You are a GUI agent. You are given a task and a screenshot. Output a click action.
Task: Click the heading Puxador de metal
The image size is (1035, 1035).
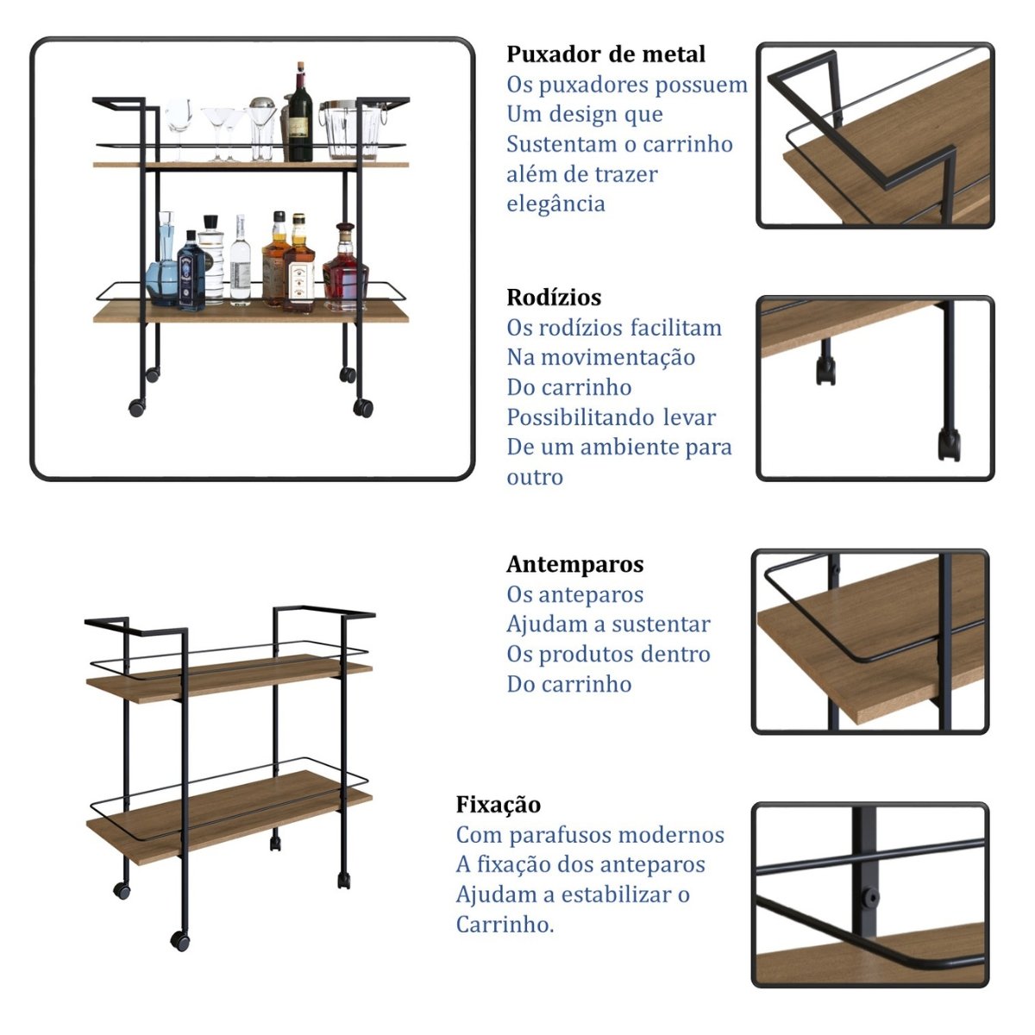pyautogui.click(x=605, y=54)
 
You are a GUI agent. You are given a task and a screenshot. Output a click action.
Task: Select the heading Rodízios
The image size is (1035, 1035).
pyautogui.click(x=554, y=298)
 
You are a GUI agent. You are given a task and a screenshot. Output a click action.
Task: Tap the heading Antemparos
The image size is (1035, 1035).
pyautogui.click(x=575, y=564)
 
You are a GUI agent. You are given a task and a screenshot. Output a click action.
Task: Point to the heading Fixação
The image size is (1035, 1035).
pyautogui.click(x=499, y=805)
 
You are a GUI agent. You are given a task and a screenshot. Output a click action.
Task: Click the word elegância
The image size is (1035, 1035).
pyautogui.click(x=555, y=204)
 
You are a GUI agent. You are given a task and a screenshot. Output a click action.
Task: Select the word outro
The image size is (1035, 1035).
pyautogui.click(x=535, y=477)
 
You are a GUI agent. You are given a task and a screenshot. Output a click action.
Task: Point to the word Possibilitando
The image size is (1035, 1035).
pyautogui.click(x=582, y=417)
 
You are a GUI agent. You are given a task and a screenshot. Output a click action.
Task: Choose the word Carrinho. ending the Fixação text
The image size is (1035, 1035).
pyautogui.click(x=505, y=925)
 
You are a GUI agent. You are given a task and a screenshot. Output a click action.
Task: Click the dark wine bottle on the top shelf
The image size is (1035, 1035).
pyautogui.click(x=299, y=116)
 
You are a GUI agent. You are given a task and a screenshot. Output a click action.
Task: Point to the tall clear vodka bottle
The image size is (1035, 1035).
pyautogui.click(x=240, y=263)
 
